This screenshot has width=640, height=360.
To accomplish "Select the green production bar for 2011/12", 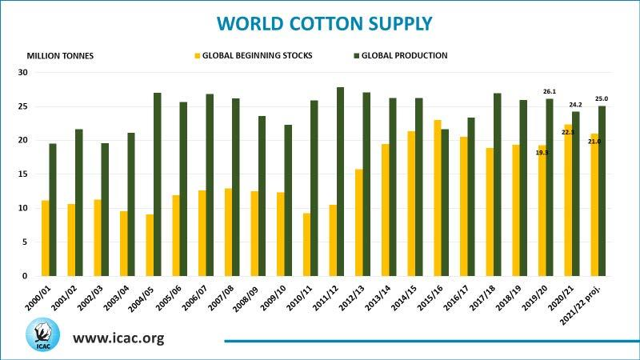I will click(x=340, y=182).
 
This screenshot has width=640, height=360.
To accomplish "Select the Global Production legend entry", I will click(x=404, y=56).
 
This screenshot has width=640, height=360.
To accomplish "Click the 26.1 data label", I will click(x=550, y=91).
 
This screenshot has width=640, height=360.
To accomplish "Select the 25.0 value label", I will click(x=602, y=98).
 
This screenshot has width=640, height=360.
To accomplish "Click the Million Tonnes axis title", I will click(x=60, y=56).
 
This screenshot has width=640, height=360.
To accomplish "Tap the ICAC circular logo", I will click(x=42, y=335).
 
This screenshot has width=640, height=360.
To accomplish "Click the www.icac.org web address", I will click(x=118, y=338).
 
